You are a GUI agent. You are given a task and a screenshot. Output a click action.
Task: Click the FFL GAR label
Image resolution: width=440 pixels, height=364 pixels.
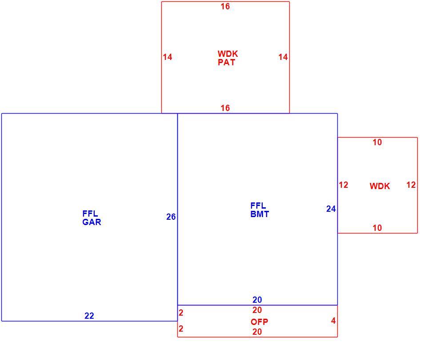(92, 218)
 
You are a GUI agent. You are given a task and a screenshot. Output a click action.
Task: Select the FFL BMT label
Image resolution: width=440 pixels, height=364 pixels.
(260, 210)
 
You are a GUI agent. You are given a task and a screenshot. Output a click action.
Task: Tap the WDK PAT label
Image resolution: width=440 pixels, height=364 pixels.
(228, 58)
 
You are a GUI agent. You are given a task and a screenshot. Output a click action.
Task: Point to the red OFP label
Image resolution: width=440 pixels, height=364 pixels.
(259, 322)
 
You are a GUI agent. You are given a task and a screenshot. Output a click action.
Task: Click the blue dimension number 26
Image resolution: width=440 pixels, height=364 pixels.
(171, 217)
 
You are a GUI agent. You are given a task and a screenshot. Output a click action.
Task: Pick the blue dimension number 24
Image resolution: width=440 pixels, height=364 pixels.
(331, 209)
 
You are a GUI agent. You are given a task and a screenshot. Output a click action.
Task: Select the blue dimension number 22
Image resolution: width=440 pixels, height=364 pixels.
(89, 316)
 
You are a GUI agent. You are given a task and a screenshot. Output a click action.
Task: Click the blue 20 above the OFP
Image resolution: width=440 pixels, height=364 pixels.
(257, 300)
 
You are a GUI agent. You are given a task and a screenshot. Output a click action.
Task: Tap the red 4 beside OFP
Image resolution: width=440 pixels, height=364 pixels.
(333, 320)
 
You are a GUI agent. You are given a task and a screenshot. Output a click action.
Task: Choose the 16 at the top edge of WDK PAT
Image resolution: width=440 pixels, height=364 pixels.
(225, 7)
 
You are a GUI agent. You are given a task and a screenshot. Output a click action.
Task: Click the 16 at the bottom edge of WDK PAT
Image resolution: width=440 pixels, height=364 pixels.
(225, 108)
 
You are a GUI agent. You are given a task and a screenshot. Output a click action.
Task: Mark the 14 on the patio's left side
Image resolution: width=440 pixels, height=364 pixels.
(168, 57)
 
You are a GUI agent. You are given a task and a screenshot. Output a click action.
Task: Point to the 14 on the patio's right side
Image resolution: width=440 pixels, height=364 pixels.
(283, 57)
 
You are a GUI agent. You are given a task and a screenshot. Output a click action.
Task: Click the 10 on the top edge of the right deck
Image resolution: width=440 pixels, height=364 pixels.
(377, 142)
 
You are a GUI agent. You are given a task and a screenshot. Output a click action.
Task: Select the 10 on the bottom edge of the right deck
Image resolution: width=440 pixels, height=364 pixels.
(377, 228)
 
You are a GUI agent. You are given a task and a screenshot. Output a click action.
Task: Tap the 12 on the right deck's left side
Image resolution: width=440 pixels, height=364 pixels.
(344, 185)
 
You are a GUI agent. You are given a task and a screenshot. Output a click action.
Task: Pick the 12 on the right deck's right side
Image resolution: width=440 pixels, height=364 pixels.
(411, 185)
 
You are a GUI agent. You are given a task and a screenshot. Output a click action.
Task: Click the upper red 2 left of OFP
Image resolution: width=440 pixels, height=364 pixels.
(181, 313)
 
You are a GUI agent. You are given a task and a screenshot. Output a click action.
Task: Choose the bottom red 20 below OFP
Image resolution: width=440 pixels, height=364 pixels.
(257, 332)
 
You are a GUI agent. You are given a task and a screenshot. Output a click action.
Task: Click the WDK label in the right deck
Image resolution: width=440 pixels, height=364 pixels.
(380, 186)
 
